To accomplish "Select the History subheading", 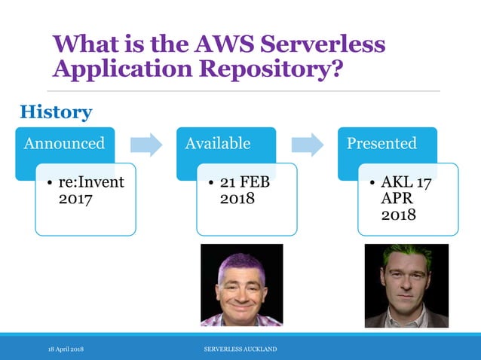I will tap(55, 112).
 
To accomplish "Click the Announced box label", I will tap(64, 143).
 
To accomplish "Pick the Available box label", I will tap(218, 143).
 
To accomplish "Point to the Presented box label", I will tap(381, 143).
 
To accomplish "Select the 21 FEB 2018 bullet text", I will tap(244, 191).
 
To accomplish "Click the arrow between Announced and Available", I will tap(146, 144).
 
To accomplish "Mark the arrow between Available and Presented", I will tap(308, 144).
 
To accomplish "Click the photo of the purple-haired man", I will tap(241, 285).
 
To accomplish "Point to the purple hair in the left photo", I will tap(240, 261).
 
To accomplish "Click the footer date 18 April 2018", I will tap(66, 349).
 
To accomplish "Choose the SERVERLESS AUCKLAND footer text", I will tap(240, 349).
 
